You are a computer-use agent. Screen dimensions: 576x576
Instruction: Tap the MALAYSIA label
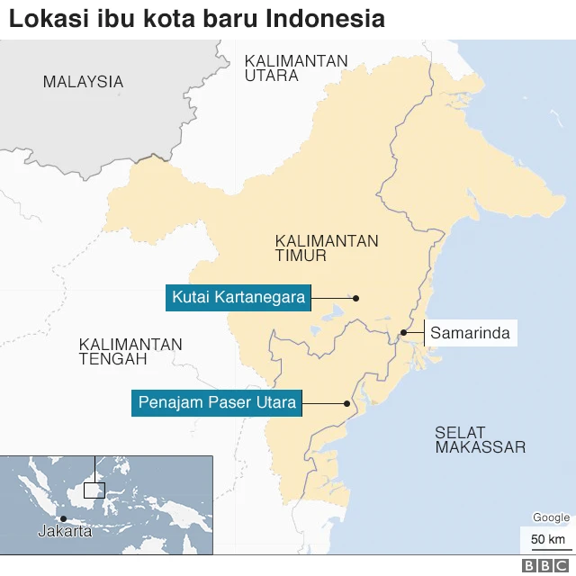[x=83, y=82]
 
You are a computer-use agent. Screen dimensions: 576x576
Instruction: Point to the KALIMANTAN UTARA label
[x=295, y=67]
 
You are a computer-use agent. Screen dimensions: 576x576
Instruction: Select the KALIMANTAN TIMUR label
[x=327, y=248]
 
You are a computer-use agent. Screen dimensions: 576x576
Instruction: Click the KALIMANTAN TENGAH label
[x=130, y=352]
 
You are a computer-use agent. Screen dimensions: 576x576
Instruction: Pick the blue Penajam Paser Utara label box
[x=216, y=402]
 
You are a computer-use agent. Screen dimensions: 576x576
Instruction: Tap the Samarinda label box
[x=470, y=333]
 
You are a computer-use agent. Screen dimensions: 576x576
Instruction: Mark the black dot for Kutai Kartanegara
[x=355, y=298]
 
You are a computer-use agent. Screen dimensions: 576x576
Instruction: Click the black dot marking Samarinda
[x=403, y=333]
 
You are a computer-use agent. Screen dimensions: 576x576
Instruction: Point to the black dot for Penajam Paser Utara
[x=346, y=403]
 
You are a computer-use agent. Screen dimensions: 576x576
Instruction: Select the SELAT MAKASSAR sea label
[x=480, y=439]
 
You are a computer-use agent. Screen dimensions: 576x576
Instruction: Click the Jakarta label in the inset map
[x=65, y=531]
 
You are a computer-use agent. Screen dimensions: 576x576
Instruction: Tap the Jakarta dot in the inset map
[x=63, y=518]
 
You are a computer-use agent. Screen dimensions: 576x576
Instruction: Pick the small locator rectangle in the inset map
[x=94, y=490]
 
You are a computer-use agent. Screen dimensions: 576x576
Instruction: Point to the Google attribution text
[x=551, y=517]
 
